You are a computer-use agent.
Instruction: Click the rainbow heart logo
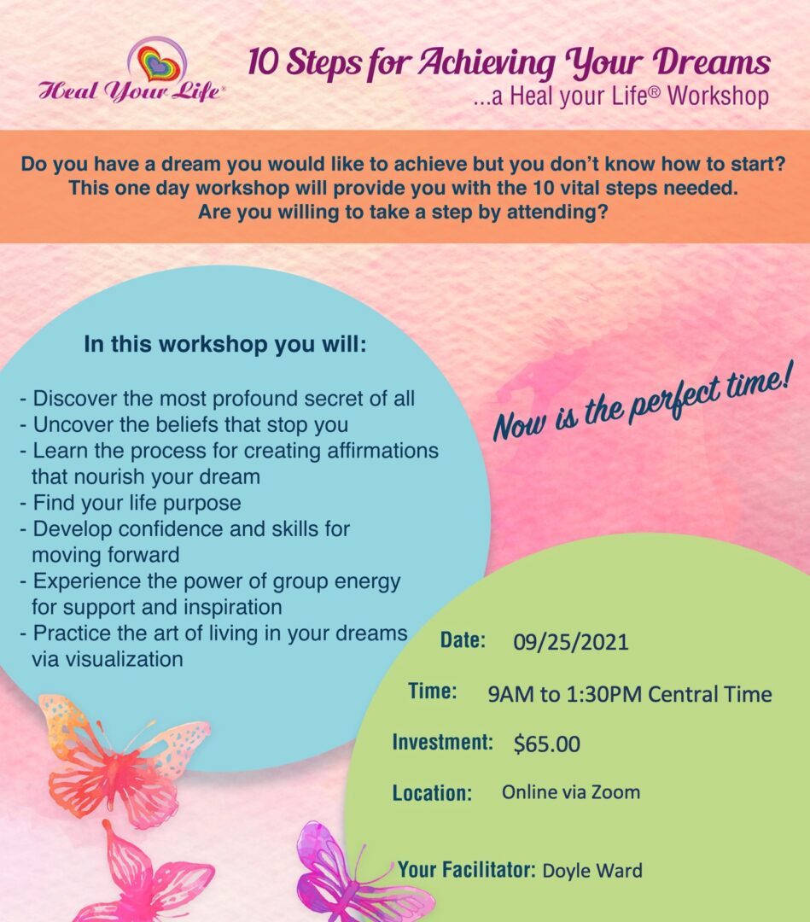157,61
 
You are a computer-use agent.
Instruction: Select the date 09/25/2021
570,642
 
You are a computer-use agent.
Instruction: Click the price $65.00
546,744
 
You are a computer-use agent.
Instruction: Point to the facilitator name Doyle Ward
592,871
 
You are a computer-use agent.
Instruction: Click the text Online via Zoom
570,792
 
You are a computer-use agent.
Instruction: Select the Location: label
432,793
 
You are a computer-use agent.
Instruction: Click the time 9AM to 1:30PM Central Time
629,693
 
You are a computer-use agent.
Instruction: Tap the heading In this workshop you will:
224,346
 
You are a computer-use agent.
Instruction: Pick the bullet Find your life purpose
130,502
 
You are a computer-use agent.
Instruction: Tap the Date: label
463,640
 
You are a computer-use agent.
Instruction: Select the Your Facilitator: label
466,870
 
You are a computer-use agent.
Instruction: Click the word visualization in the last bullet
107,659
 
